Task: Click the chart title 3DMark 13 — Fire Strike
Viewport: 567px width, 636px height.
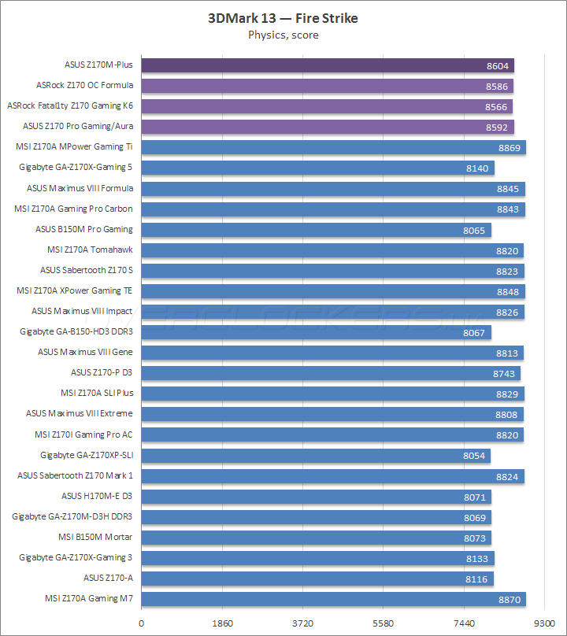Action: (283, 18)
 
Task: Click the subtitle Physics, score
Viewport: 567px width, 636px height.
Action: (283, 35)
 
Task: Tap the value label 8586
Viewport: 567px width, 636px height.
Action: (498, 86)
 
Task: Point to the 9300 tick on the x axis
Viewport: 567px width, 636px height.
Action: (544, 622)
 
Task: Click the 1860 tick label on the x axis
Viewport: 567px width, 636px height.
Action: (222, 622)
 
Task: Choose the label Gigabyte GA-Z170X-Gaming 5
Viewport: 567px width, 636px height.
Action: (76, 167)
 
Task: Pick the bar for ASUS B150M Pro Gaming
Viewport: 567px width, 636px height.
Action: (315, 230)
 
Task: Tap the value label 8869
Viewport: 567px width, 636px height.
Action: (510, 147)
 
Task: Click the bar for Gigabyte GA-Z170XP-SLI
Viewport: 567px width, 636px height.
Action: (315, 456)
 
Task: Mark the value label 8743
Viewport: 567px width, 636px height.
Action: (505, 373)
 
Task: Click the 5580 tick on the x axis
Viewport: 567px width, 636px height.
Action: (383, 622)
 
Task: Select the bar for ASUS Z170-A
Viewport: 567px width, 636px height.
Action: (315, 579)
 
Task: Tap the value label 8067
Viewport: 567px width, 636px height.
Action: (476, 332)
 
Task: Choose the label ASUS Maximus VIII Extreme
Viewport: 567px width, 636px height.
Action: (80, 413)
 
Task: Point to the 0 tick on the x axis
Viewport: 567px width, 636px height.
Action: (142, 622)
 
